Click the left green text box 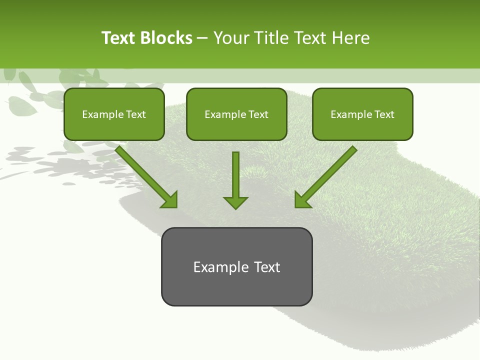(x=114, y=114)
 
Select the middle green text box (x=236, y=114)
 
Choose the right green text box (x=362, y=114)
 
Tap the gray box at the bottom (x=236, y=266)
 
